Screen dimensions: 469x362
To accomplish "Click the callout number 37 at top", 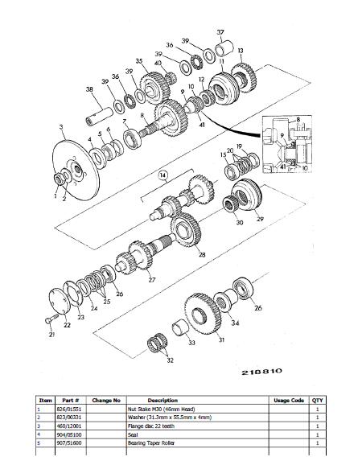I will (220, 31).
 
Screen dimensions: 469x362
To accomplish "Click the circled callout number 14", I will (163, 174).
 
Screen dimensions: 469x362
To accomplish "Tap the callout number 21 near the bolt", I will (51, 334).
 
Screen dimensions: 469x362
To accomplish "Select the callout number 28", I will (202, 255).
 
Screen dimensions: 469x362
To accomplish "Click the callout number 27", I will (150, 281).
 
